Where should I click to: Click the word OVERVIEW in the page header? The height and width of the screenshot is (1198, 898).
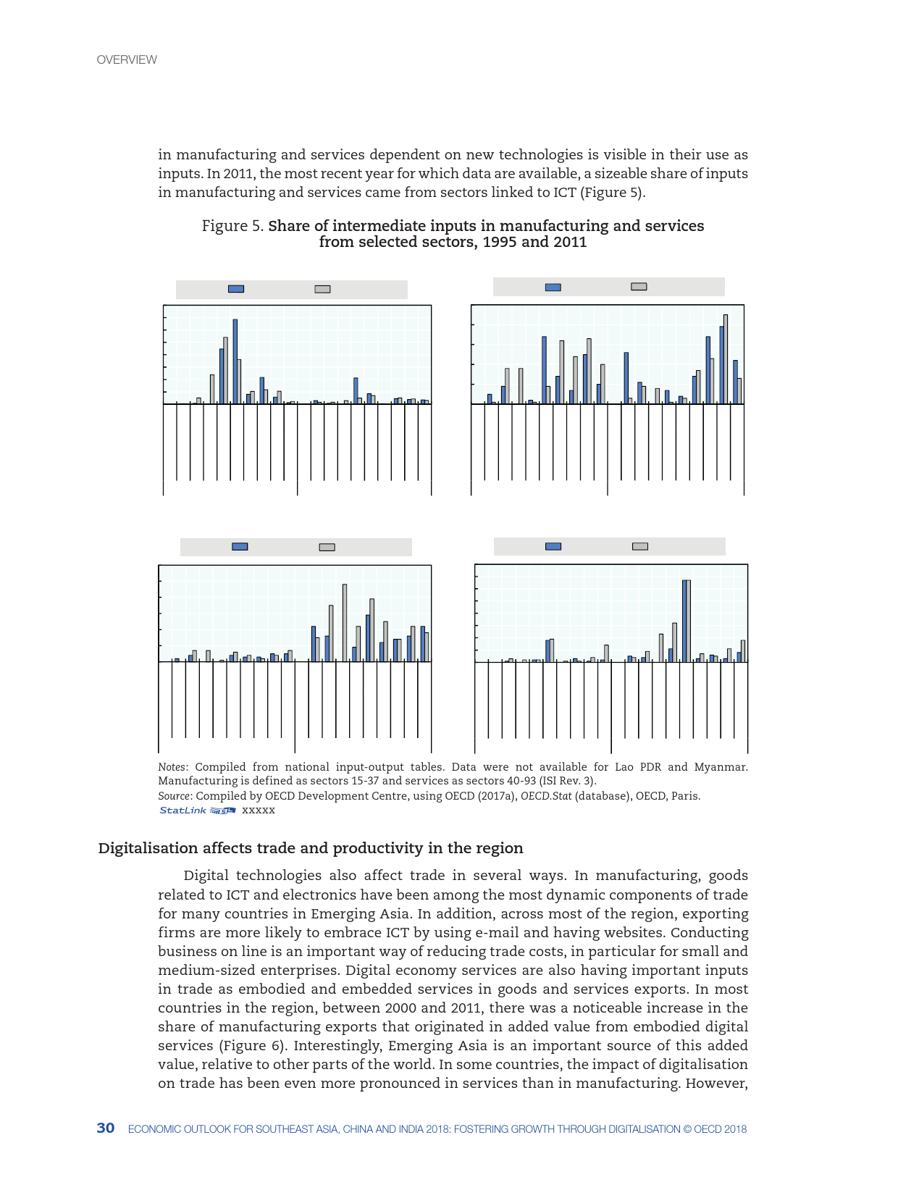pos(127,60)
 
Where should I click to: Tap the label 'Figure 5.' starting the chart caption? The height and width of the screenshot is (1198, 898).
pos(232,226)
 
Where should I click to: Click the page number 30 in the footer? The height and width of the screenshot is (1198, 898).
pos(106,1128)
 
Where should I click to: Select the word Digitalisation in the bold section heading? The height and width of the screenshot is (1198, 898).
pos(148,848)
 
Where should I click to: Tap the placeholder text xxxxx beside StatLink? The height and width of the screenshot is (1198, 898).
pos(259,810)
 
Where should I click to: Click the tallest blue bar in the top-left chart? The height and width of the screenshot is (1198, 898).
pos(235,361)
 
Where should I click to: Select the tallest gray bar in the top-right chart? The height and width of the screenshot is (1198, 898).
pos(726,359)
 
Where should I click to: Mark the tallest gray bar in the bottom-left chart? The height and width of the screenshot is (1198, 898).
pos(345,623)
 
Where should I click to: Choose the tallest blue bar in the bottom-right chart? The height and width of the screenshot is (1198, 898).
pos(684,621)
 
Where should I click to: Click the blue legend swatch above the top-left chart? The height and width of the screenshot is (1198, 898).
pos(236,289)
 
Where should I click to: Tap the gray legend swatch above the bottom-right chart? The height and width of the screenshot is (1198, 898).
pos(640,546)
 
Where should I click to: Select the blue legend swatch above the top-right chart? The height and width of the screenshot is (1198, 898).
pos(553,288)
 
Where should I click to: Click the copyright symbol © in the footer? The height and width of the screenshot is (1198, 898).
pos(687,1129)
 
